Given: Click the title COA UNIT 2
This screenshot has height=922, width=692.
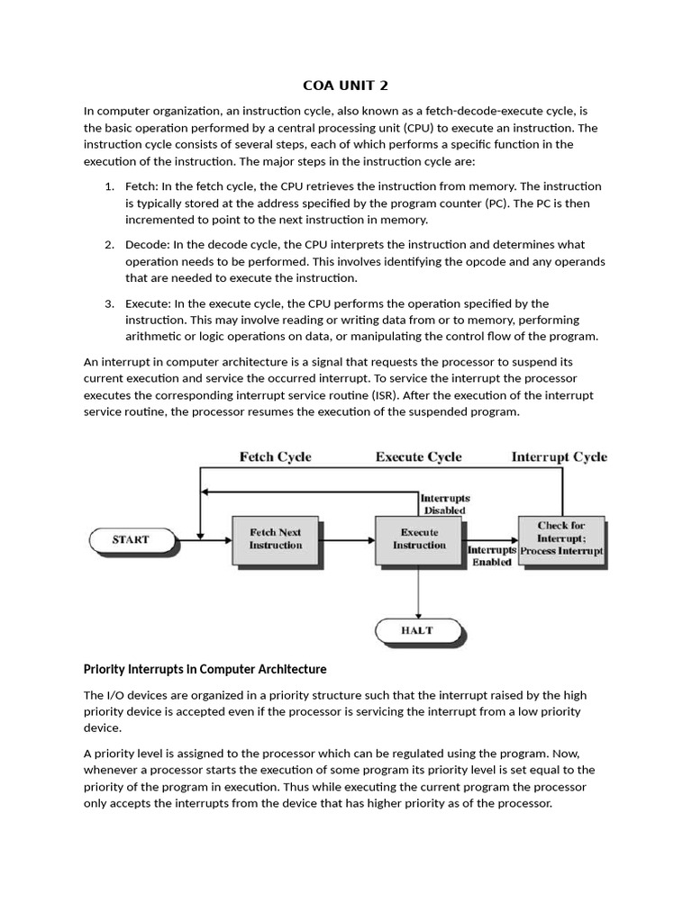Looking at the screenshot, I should pos(346,86).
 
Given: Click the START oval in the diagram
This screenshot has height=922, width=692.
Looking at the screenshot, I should pos(131,540).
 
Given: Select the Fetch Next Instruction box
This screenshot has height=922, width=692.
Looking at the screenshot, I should pos(276,539).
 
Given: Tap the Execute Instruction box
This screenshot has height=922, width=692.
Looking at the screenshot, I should pos(418,539).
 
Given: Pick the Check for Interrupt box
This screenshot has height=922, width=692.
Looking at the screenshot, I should pos(561,538).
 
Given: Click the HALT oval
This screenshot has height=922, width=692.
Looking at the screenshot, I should pos(418,630).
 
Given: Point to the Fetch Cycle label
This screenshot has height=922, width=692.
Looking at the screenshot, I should pos(275,456).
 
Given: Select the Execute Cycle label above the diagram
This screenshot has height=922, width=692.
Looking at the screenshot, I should pos(418,456).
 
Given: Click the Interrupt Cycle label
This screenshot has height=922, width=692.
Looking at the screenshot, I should pos(559,456).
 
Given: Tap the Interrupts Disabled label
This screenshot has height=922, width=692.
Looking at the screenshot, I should pos(445,503).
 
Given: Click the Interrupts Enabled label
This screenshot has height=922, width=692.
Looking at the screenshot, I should pos(491,556).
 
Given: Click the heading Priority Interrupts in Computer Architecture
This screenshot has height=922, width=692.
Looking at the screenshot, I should pos(205,669).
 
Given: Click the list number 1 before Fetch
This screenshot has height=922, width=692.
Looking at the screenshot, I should pos(108,186).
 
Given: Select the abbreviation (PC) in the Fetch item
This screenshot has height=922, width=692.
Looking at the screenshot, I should pos(496,203).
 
